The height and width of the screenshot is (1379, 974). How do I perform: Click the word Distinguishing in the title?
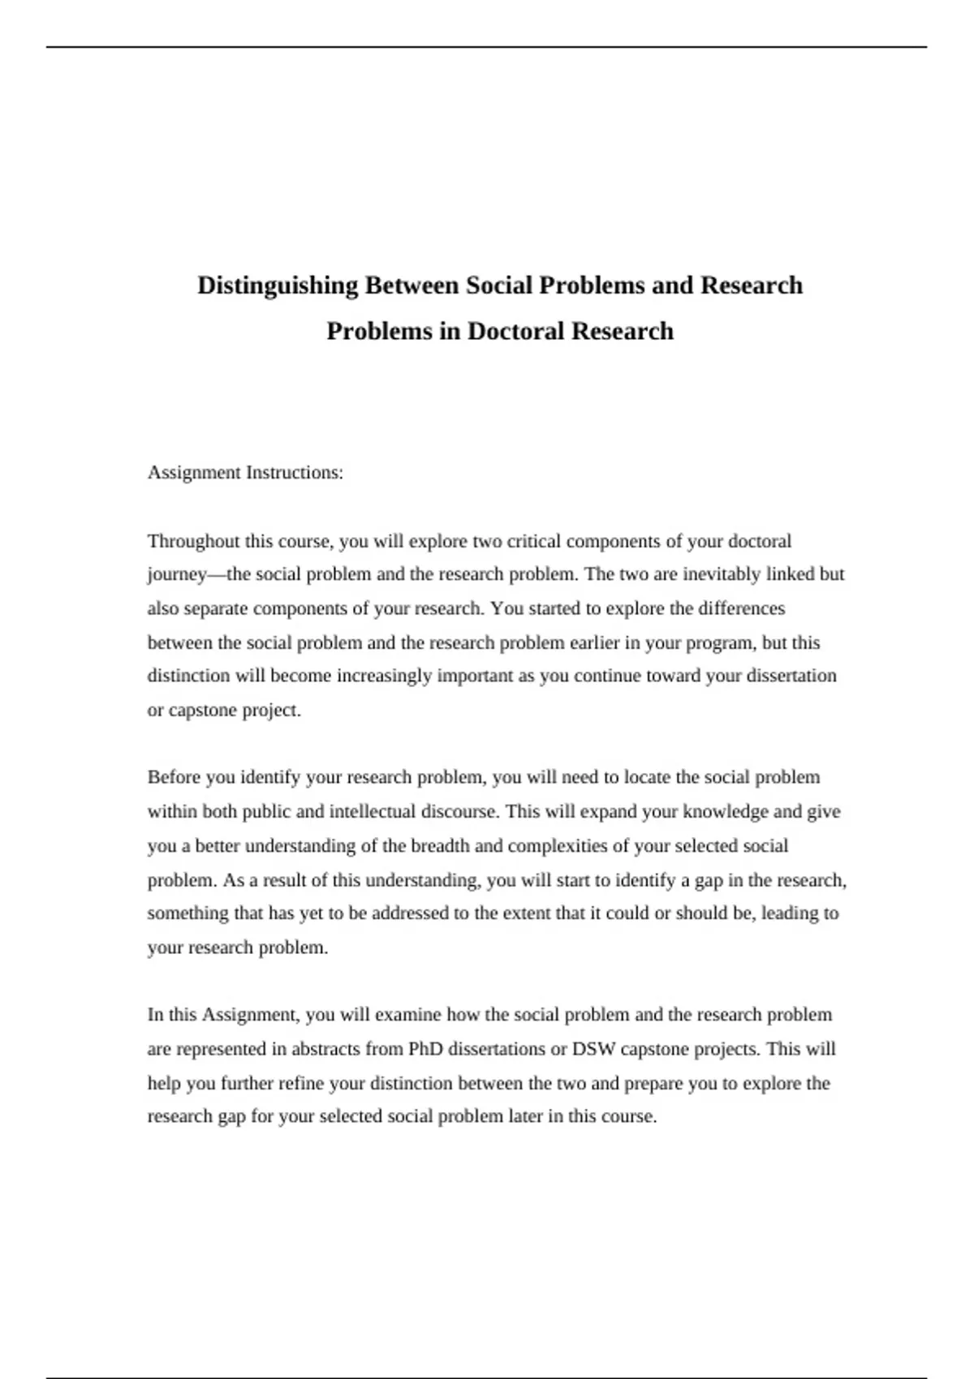click(x=278, y=286)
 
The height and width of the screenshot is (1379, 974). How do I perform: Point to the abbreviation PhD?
click(x=425, y=1049)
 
